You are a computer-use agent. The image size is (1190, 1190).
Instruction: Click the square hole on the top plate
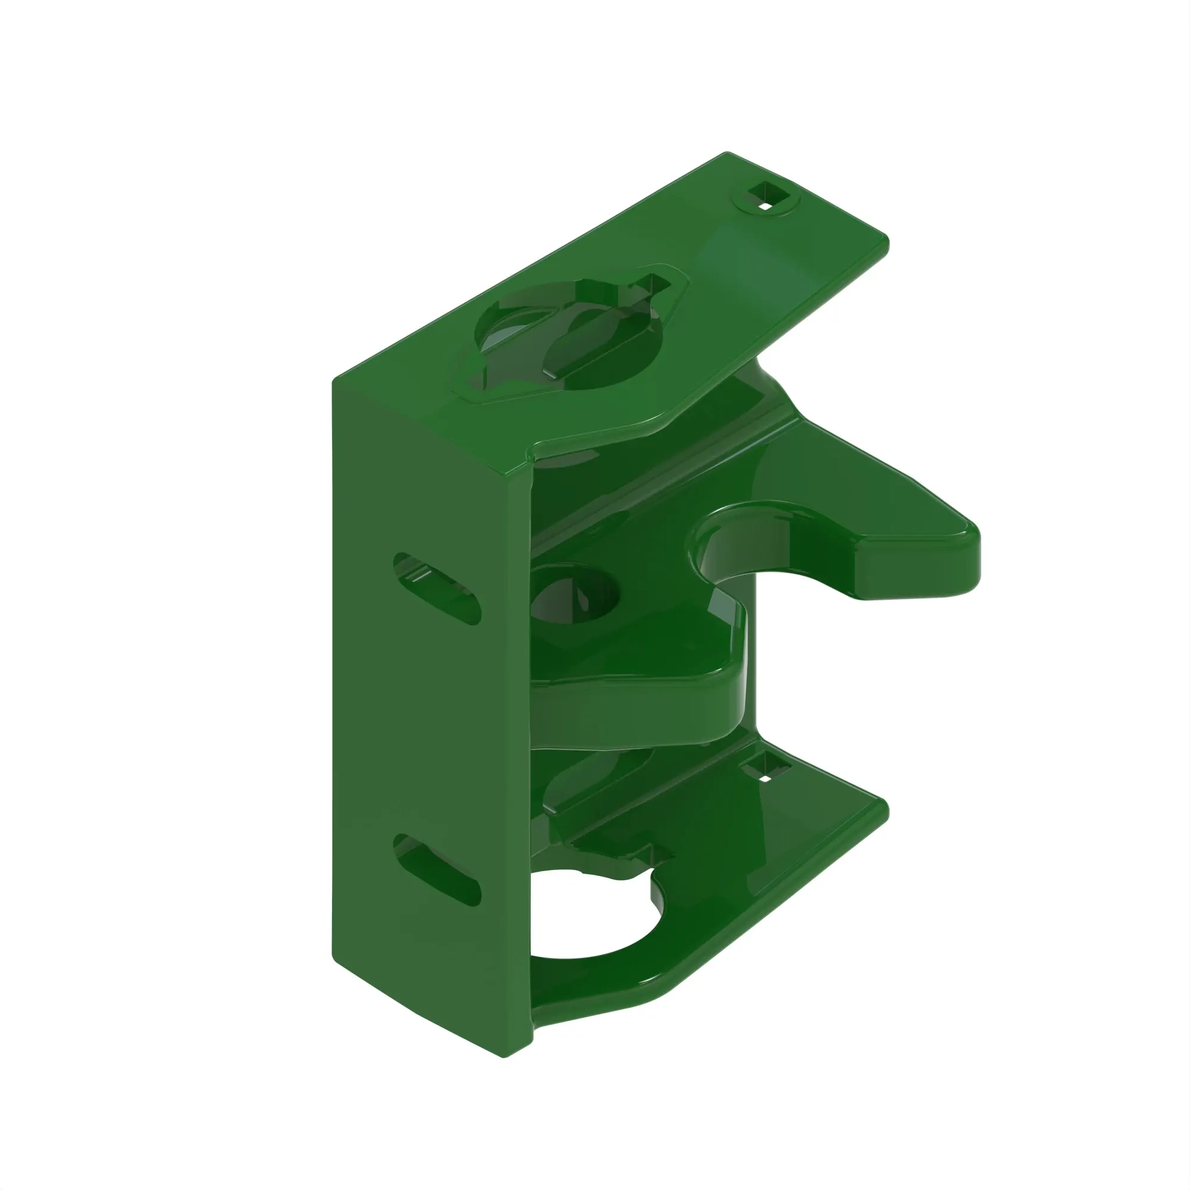765,198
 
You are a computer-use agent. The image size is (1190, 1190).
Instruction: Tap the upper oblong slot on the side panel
437,588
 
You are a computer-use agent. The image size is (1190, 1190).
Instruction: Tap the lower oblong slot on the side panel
437,870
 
